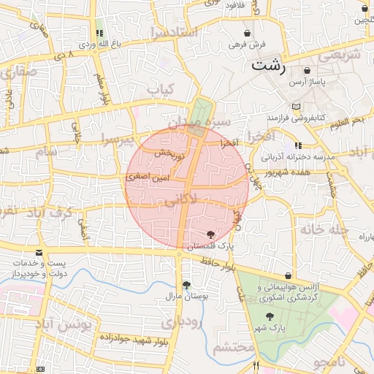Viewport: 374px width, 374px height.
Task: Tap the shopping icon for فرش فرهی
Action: click(248, 34)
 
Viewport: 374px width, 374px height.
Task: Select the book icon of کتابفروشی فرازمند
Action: click(296, 107)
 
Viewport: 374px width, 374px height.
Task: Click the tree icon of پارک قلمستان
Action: click(211, 234)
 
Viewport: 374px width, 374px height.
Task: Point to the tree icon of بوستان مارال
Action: click(187, 286)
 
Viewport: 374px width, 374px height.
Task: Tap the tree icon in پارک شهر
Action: click(271, 316)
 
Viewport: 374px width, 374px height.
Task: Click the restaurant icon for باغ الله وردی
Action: click(99, 33)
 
